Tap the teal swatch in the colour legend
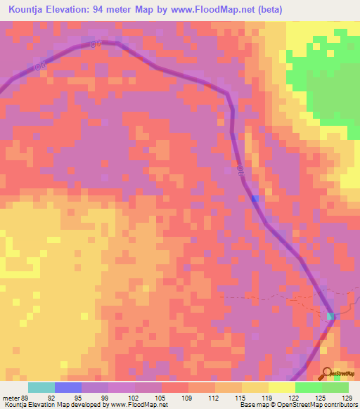pyautogui.click(x=41, y=387)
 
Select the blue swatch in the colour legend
pyautogui.click(x=68, y=387)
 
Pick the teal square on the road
pyautogui.click(x=331, y=317)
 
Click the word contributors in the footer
pyautogui.click(x=337, y=405)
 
